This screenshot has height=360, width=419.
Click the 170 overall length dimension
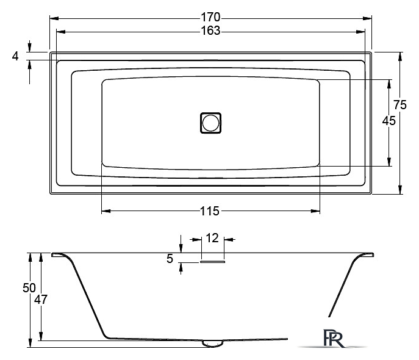[210, 17]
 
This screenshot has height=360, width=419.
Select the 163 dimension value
[210, 31]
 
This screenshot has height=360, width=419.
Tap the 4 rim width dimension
[15, 56]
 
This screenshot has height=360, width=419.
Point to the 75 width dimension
[400, 104]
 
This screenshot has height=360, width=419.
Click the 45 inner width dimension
[389, 121]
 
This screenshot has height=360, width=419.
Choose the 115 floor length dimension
[210, 211]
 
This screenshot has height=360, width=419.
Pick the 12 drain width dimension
[212, 238]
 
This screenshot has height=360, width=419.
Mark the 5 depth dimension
[170, 259]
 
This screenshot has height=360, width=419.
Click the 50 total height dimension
[29, 288]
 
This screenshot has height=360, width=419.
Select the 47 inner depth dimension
[41, 300]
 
